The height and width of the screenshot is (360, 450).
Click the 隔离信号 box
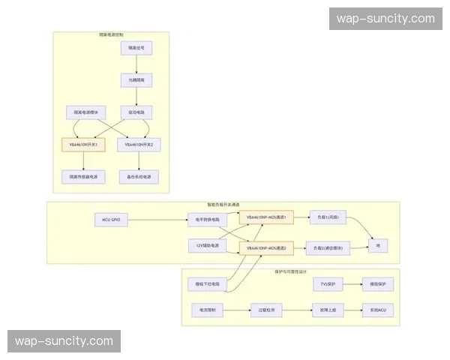pyautogui.click(x=136, y=49)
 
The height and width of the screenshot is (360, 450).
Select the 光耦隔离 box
pyautogui.click(x=136, y=80)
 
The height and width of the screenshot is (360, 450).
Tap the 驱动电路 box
pyautogui.click(x=136, y=112)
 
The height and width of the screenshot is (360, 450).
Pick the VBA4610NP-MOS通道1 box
pyautogui.click(x=266, y=217)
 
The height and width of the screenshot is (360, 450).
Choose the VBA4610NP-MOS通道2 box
pyautogui.click(x=266, y=247)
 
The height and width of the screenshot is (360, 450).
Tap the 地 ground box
pyautogui.click(x=378, y=245)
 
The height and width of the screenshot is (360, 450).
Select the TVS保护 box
pyautogui.click(x=327, y=284)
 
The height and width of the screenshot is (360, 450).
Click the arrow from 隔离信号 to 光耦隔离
pyautogui.click(x=136, y=64)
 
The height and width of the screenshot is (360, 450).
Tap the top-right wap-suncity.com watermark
pyautogui.click(x=385, y=19)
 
